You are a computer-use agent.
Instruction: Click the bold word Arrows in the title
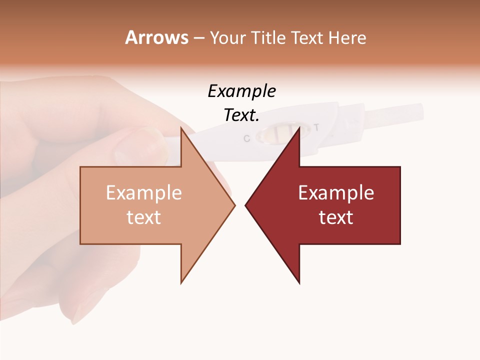pos(156,37)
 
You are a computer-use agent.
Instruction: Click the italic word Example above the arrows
pos(241,91)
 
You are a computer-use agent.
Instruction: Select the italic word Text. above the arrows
pos(241,115)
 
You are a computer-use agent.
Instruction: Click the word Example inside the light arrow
pos(143,193)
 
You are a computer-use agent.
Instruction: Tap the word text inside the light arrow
pos(143,217)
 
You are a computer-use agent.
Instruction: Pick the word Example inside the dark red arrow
pos(336,193)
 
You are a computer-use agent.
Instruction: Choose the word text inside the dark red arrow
pos(336,217)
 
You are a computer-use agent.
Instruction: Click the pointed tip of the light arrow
pos(234,205)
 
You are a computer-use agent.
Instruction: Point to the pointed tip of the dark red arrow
pos(246,205)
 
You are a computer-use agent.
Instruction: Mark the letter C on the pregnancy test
pos(246,138)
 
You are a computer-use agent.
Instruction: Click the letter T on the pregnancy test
pos(316,127)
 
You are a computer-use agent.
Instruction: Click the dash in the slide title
pos(198,38)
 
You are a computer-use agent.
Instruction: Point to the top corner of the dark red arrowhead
pos(299,128)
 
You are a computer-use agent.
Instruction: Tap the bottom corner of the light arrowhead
pos(181,282)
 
